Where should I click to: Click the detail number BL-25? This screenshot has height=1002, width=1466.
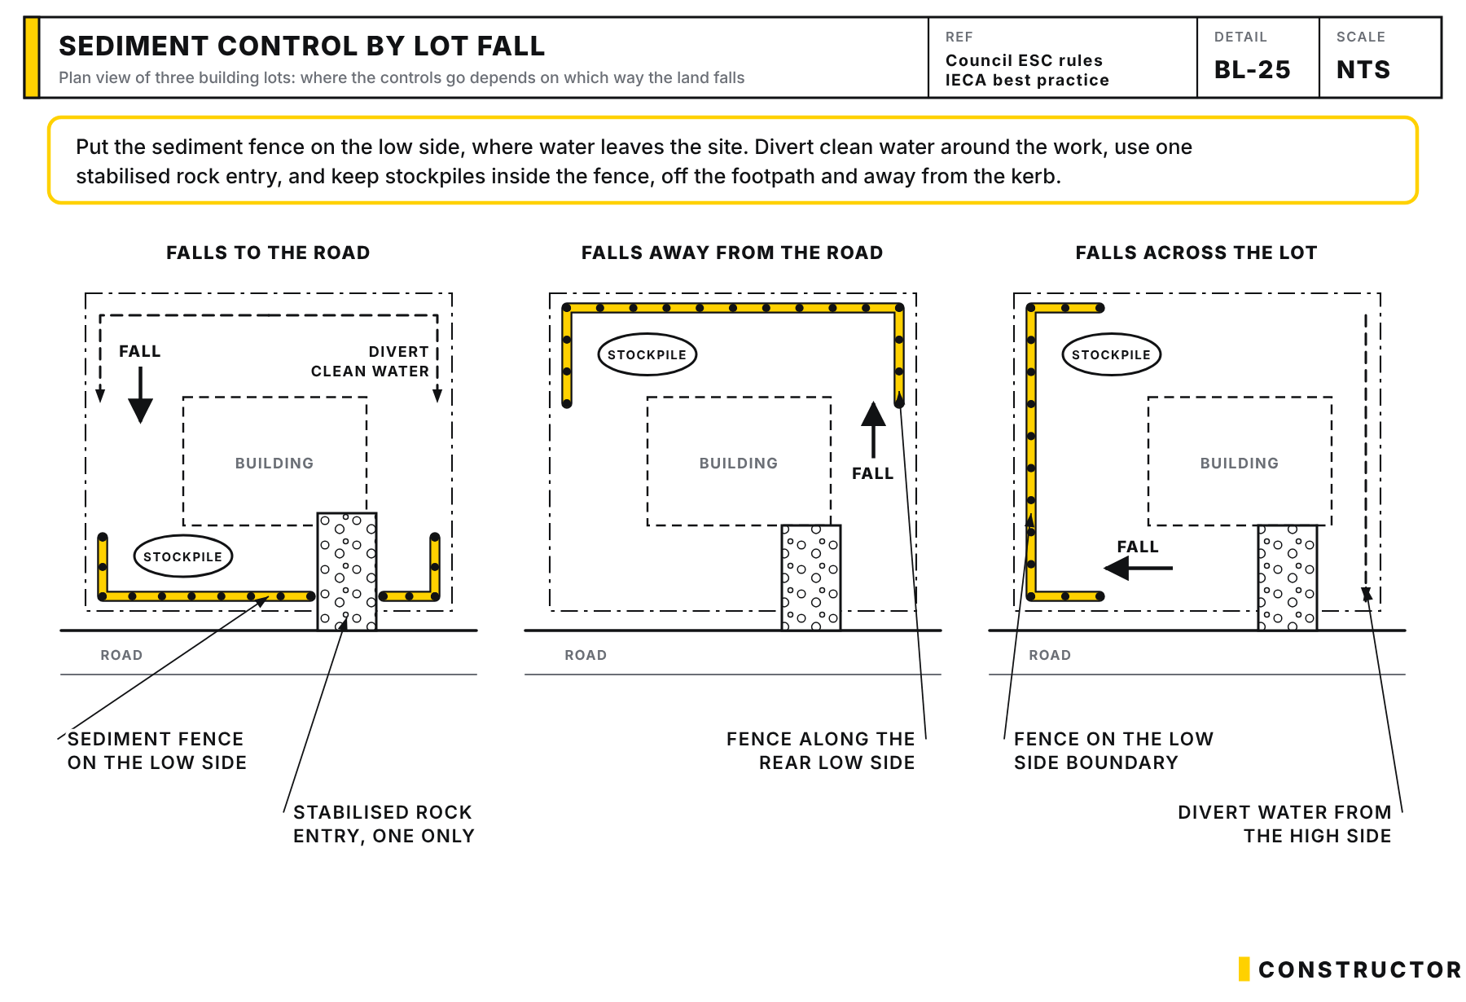coord(1252,70)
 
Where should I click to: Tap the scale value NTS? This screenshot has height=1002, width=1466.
coord(1363,70)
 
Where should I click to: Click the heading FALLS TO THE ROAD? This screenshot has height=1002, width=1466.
coord(268,253)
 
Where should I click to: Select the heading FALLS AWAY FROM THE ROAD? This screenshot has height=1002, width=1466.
coord(732,253)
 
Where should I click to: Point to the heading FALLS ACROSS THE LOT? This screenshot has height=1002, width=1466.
coord(1196,253)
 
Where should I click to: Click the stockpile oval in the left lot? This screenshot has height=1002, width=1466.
coord(183,556)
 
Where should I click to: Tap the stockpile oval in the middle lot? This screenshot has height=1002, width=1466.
coord(647,354)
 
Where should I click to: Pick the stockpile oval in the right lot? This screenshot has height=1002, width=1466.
coord(1112,354)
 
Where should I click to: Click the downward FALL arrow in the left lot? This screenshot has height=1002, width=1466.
coord(141,395)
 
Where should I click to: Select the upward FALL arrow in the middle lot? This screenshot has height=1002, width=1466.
coord(874,429)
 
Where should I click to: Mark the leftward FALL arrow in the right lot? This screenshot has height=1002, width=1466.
coord(1138,568)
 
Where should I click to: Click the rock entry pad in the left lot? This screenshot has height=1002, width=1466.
coord(347,571)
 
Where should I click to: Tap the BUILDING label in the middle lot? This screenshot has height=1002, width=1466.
coord(739,463)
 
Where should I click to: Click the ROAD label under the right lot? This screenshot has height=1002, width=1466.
coord(1050,655)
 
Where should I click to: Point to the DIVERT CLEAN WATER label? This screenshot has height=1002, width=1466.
coord(370,361)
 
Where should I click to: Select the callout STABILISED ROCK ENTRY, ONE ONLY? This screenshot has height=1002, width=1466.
coord(384,824)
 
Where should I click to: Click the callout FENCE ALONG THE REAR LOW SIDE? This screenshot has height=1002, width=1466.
coord(821,750)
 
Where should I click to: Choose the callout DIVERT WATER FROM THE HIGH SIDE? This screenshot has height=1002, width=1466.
coord(1284,824)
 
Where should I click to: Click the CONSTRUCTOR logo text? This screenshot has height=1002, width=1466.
coord(1360,969)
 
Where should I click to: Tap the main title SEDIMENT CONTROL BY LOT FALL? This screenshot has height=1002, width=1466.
coord(301,46)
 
